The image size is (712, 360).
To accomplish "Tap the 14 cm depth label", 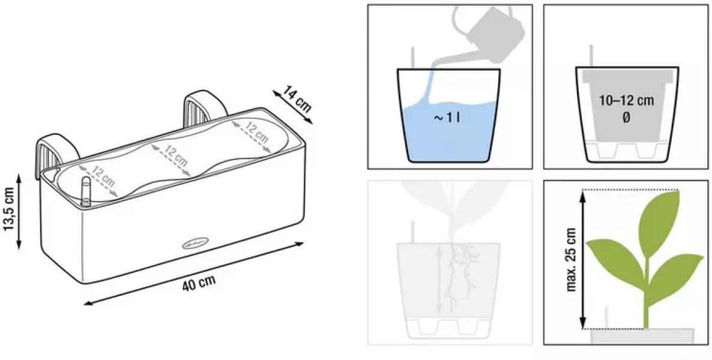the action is [297, 99].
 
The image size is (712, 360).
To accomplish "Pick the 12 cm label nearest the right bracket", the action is [256, 131].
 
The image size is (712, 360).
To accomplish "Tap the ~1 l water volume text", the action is [447, 118].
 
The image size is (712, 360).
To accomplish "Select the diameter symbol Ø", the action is [626, 118].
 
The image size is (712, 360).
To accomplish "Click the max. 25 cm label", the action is [572, 259].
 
